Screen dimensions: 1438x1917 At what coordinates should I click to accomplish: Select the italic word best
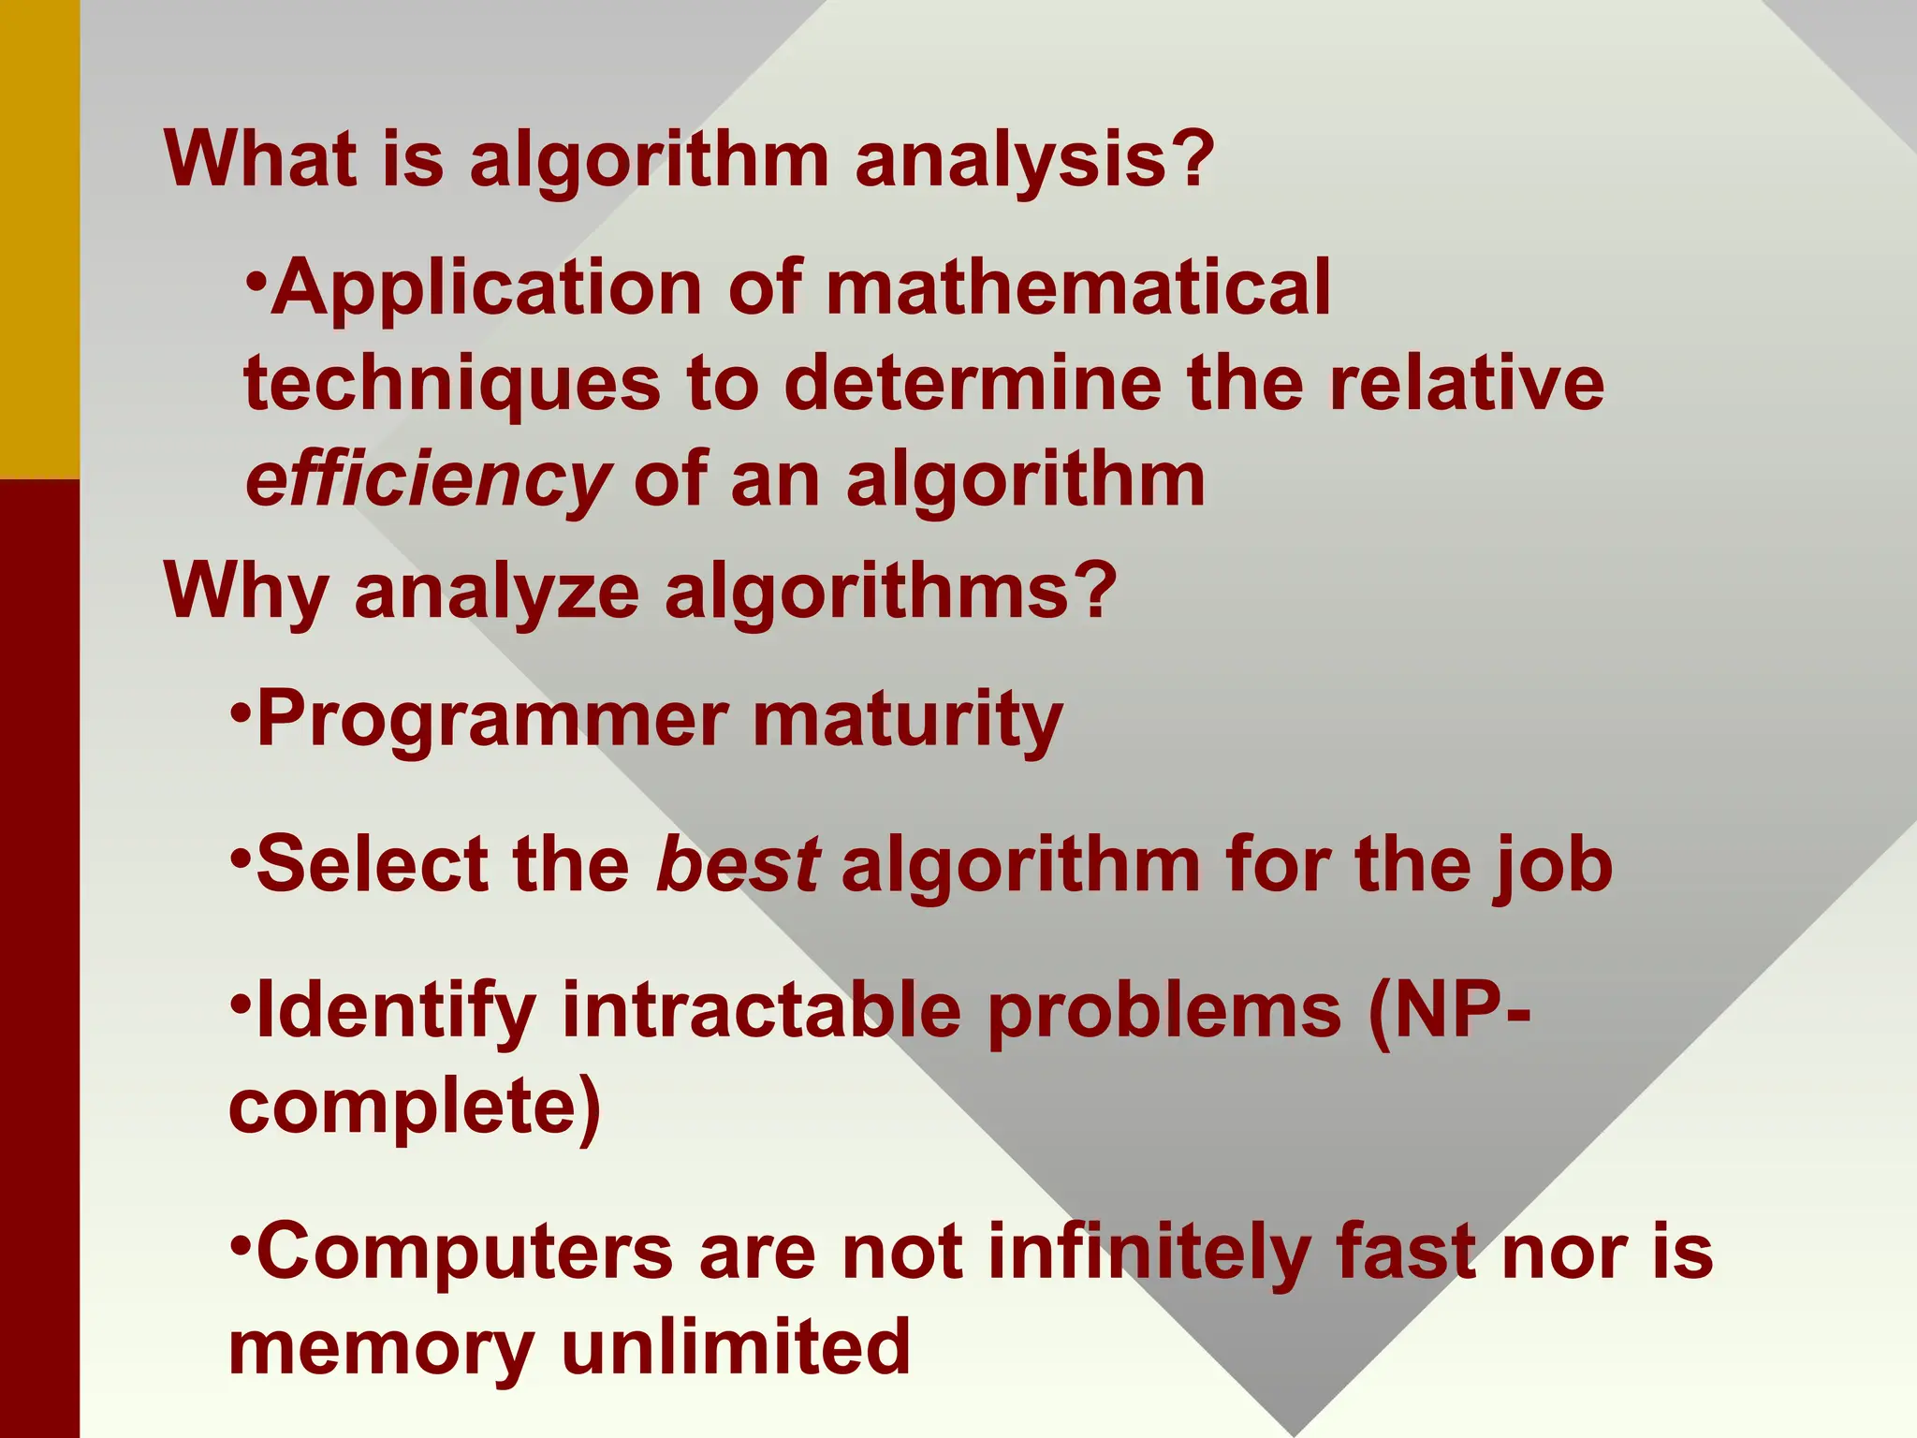point(738,864)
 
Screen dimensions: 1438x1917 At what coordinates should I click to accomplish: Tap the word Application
point(487,287)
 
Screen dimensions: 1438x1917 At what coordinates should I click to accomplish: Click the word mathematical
point(1077,287)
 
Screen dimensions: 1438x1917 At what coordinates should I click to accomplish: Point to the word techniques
point(452,385)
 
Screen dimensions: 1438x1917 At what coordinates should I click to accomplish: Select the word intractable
point(760,1011)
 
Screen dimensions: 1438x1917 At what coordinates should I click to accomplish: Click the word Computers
point(464,1252)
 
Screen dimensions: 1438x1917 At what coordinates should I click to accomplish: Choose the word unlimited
point(736,1348)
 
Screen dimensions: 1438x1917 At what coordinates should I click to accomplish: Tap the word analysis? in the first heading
point(1034,159)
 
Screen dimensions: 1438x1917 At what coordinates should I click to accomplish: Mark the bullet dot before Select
point(241,855)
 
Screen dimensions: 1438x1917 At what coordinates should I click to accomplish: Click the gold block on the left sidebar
point(39,239)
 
